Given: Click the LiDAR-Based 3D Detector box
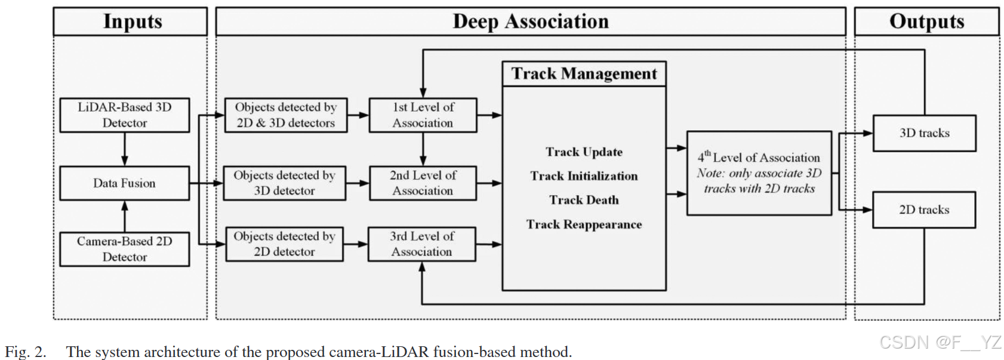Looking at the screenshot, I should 125,115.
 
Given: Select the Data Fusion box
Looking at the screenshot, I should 125,183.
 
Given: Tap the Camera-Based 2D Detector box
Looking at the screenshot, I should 125,249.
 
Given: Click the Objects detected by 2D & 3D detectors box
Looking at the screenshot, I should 286,115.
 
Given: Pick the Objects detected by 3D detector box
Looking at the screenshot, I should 285,183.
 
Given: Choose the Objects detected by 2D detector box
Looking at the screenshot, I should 285,244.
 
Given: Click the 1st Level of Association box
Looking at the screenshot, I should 423,115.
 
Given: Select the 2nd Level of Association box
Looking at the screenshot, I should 423,183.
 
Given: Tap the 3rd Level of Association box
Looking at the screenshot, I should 422,244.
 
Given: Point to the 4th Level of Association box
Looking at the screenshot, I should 759,173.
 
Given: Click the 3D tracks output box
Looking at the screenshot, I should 925,133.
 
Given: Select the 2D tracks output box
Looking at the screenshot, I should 924,210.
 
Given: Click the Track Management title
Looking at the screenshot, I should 584,73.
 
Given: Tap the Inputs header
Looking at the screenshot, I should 133,21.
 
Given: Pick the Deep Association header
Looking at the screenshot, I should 531,21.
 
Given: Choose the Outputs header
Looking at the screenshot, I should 926,21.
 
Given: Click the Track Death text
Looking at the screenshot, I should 584,200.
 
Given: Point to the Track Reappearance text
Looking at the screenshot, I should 584,224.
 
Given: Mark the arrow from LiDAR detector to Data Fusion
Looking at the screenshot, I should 125,149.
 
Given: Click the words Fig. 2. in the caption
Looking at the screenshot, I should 26,352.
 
